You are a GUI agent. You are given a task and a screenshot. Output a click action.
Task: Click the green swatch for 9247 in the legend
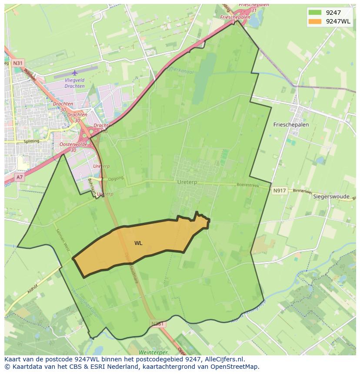coord(315,13)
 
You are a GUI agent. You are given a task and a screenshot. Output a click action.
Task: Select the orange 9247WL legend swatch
coord(315,21)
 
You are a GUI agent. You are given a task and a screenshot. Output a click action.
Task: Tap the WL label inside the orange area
coord(138,243)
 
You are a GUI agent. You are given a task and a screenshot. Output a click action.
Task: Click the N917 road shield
coord(280,191)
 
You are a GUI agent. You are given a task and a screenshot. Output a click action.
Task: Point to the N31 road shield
coord(18,63)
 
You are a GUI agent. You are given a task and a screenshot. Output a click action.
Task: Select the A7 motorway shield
coord(20,177)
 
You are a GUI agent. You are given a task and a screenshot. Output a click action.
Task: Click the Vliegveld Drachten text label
coord(75,83)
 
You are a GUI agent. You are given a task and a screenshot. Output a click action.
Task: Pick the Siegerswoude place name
coord(331,197)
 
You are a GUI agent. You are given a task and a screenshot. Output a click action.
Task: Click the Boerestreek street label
coord(247,185)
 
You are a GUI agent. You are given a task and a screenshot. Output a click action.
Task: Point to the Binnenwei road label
coord(302,191)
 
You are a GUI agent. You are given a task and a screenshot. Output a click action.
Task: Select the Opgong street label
coord(116,178)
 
